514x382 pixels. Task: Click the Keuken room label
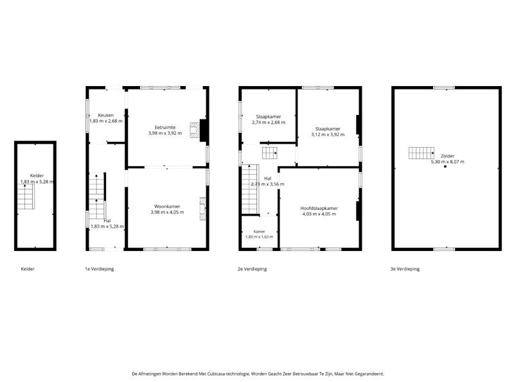(106, 116)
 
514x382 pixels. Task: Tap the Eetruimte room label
(165, 128)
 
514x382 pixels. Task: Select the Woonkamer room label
(167, 206)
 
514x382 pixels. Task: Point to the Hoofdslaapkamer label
(319, 209)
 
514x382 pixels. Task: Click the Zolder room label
(447, 156)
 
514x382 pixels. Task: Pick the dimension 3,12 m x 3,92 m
(328, 135)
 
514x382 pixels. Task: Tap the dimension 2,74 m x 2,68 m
(269, 123)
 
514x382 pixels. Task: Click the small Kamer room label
(260, 232)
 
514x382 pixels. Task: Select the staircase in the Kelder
(26, 196)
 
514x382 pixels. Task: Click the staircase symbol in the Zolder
(421, 153)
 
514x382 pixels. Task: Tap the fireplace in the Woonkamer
(202, 209)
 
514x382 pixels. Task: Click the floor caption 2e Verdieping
(252, 269)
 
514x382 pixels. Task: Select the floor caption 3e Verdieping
(405, 269)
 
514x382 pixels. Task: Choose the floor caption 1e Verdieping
(100, 269)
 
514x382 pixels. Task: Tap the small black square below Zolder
(445, 166)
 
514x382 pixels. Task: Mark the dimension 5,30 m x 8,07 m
(447, 162)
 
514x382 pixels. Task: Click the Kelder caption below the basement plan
(28, 269)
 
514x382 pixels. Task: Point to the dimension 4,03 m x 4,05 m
(319, 214)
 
